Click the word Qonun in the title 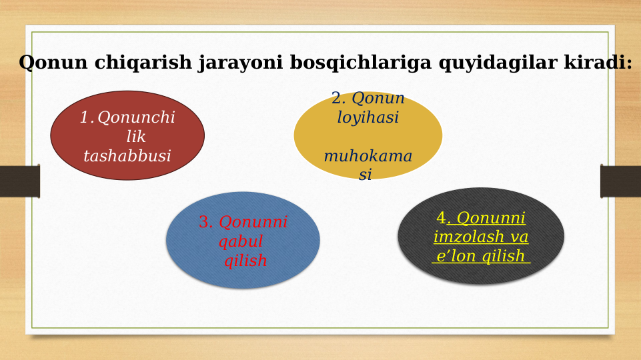point(53,63)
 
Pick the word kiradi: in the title point(598,63)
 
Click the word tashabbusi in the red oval point(127,157)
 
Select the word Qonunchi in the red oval point(136,118)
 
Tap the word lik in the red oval point(135,137)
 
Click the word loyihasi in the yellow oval point(368,118)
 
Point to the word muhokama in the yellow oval point(368,157)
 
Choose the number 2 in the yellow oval point(338,99)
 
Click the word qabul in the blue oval point(241,242)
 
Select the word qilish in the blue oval point(245,261)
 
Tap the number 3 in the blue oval point(205,223)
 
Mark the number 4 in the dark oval point(441,219)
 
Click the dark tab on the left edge point(19,181)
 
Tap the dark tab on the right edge point(620,181)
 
